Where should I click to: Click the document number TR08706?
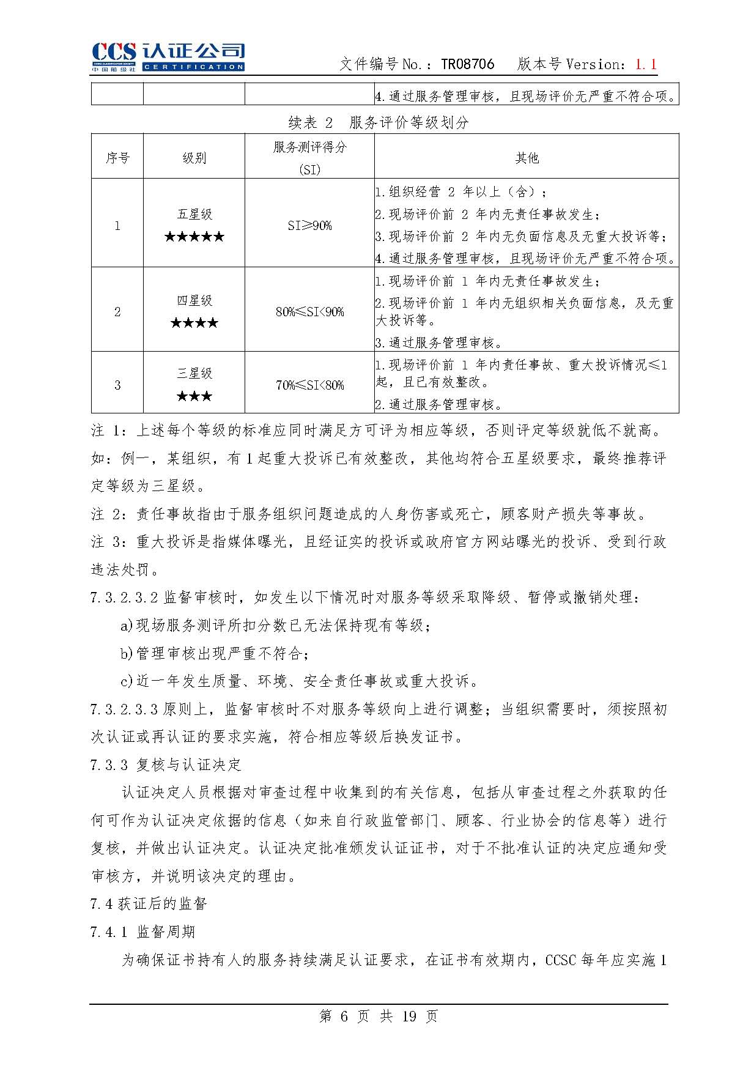pyautogui.click(x=467, y=64)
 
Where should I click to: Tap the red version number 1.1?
pyautogui.click(x=646, y=64)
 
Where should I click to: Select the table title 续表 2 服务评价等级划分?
pyautogui.click(x=378, y=122)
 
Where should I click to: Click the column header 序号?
pyautogui.click(x=117, y=158)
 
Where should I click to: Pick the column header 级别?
pyautogui.click(x=194, y=158)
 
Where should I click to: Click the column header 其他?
pyautogui.click(x=527, y=158)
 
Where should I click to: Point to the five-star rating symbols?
pyautogui.click(x=194, y=237)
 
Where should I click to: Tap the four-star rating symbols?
pyautogui.click(x=194, y=323)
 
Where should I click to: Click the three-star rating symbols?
pyautogui.click(x=194, y=396)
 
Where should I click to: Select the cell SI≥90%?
pyautogui.click(x=309, y=225)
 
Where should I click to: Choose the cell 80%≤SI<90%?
pyautogui.click(x=309, y=312)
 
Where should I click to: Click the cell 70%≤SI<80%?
pyautogui.click(x=309, y=385)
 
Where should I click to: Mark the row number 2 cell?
pyautogui.click(x=117, y=312)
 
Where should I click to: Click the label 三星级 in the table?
pyautogui.click(x=194, y=373)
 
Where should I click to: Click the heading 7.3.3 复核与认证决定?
pyautogui.click(x=166, y=764)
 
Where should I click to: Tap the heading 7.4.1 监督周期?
pyautogui.click(x=142, y=931)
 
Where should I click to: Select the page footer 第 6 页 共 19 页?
pyautogui.click(x=379, y=1016)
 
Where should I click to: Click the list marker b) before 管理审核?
pyautogui.click(x=127, y=653)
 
